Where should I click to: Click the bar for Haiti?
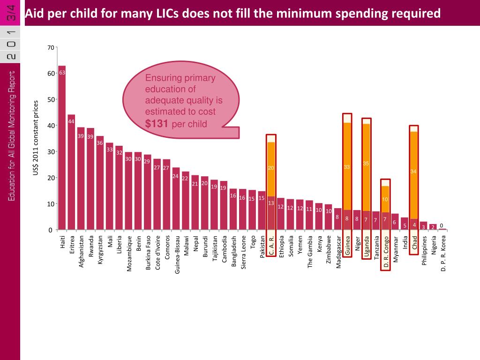(62, 150)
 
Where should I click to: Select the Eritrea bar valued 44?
(71, 173)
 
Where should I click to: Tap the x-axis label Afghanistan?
(81, 251)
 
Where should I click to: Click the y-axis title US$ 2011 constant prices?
(36, 138)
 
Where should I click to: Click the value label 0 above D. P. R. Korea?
(442, 225)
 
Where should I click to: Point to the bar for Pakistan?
(262, 211)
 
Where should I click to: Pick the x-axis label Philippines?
(424, 250)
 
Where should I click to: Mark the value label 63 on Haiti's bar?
(62, 73)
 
